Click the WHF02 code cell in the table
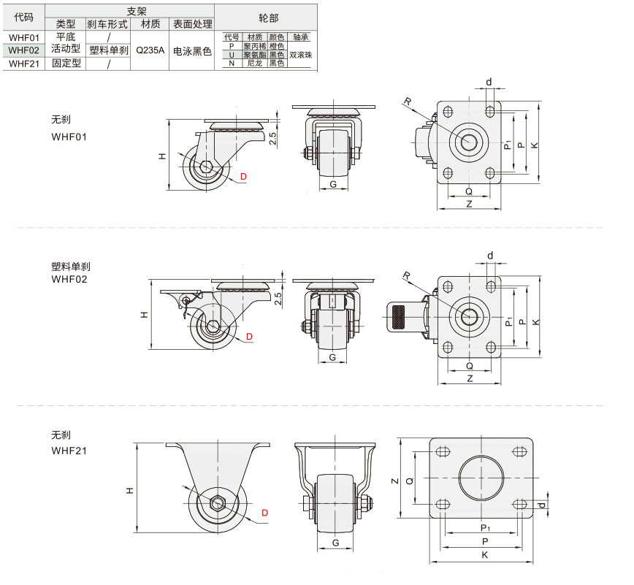click(24, 50)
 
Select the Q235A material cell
click(150, 50)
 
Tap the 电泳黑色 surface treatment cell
click(192, 51)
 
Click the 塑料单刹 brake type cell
click(108, 50)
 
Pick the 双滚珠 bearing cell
click(301, 55)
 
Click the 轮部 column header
click(269, 18)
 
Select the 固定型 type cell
click(66, 63)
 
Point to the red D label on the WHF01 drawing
click(243, 177)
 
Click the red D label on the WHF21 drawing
click(265, 513)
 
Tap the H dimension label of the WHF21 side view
click(130, 490)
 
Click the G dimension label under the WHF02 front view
click(332, 357)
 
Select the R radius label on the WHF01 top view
click(408, 101)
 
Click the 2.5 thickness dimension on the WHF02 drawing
click(278, 299)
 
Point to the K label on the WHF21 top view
click(485, 554)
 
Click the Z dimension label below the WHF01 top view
click(469, 204)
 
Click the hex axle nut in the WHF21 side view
click(218, 504)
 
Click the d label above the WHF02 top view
click(490, 256)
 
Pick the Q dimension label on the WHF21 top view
click(410, 481)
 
